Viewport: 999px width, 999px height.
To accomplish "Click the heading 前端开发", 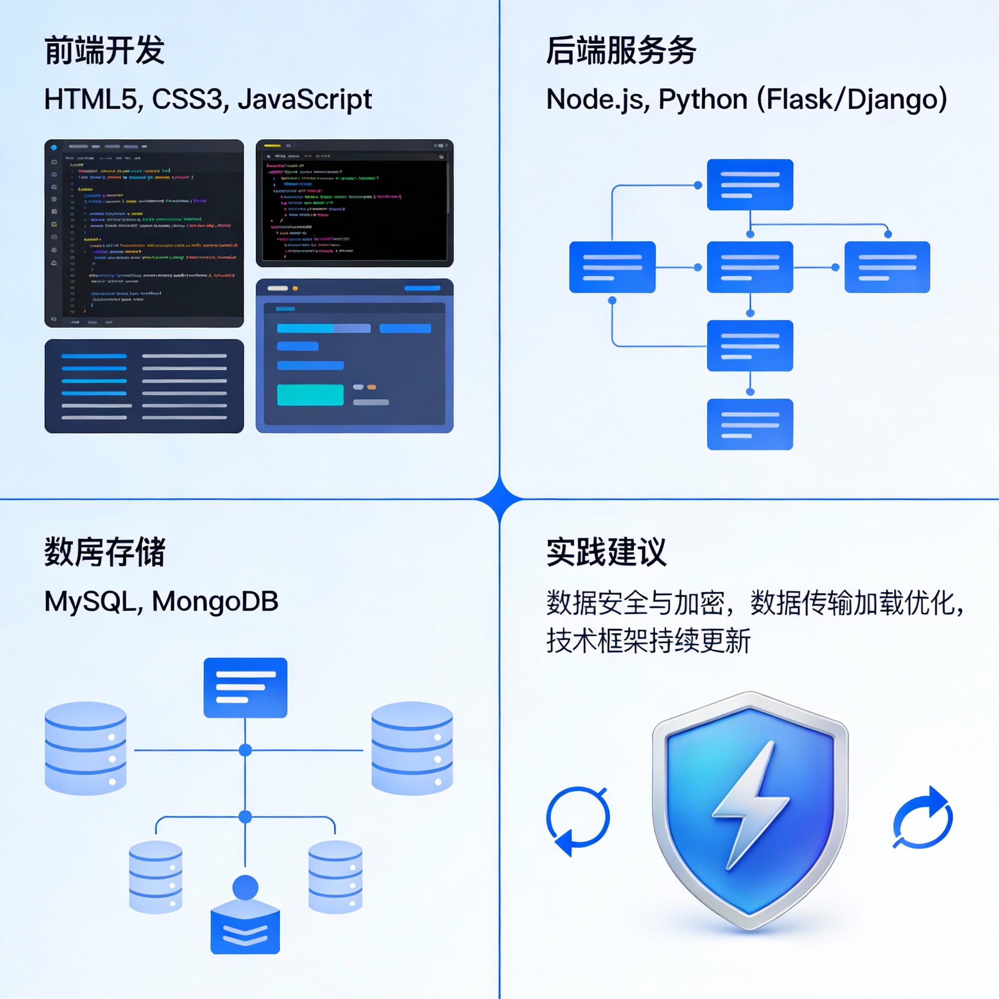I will (x=104, y=51).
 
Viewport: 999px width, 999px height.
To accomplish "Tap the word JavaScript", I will (x=304, y=100).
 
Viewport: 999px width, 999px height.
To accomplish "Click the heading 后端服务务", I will (x=621, y=51).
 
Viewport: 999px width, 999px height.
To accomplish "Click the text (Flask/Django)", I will (x=852, y=100).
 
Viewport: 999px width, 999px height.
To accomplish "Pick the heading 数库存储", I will (x=104, y=552).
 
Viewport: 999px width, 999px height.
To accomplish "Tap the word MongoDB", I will (x=215, y=601).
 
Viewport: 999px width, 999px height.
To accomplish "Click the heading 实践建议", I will (x=606, y=552).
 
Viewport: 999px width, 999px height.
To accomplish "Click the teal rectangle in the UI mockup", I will (x=310, y=395).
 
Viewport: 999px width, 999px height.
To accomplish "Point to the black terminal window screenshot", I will (x=355, y=203).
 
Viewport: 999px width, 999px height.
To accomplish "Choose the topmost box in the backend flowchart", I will (x=750, y=184).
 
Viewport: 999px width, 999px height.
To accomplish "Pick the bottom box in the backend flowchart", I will (x=750, y=424).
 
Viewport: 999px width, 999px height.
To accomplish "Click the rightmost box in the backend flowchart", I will (x=887, y=267).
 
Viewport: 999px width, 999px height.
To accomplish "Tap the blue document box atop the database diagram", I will (x=245, y=687).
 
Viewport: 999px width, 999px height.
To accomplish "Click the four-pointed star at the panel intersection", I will (x=499, y=499).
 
